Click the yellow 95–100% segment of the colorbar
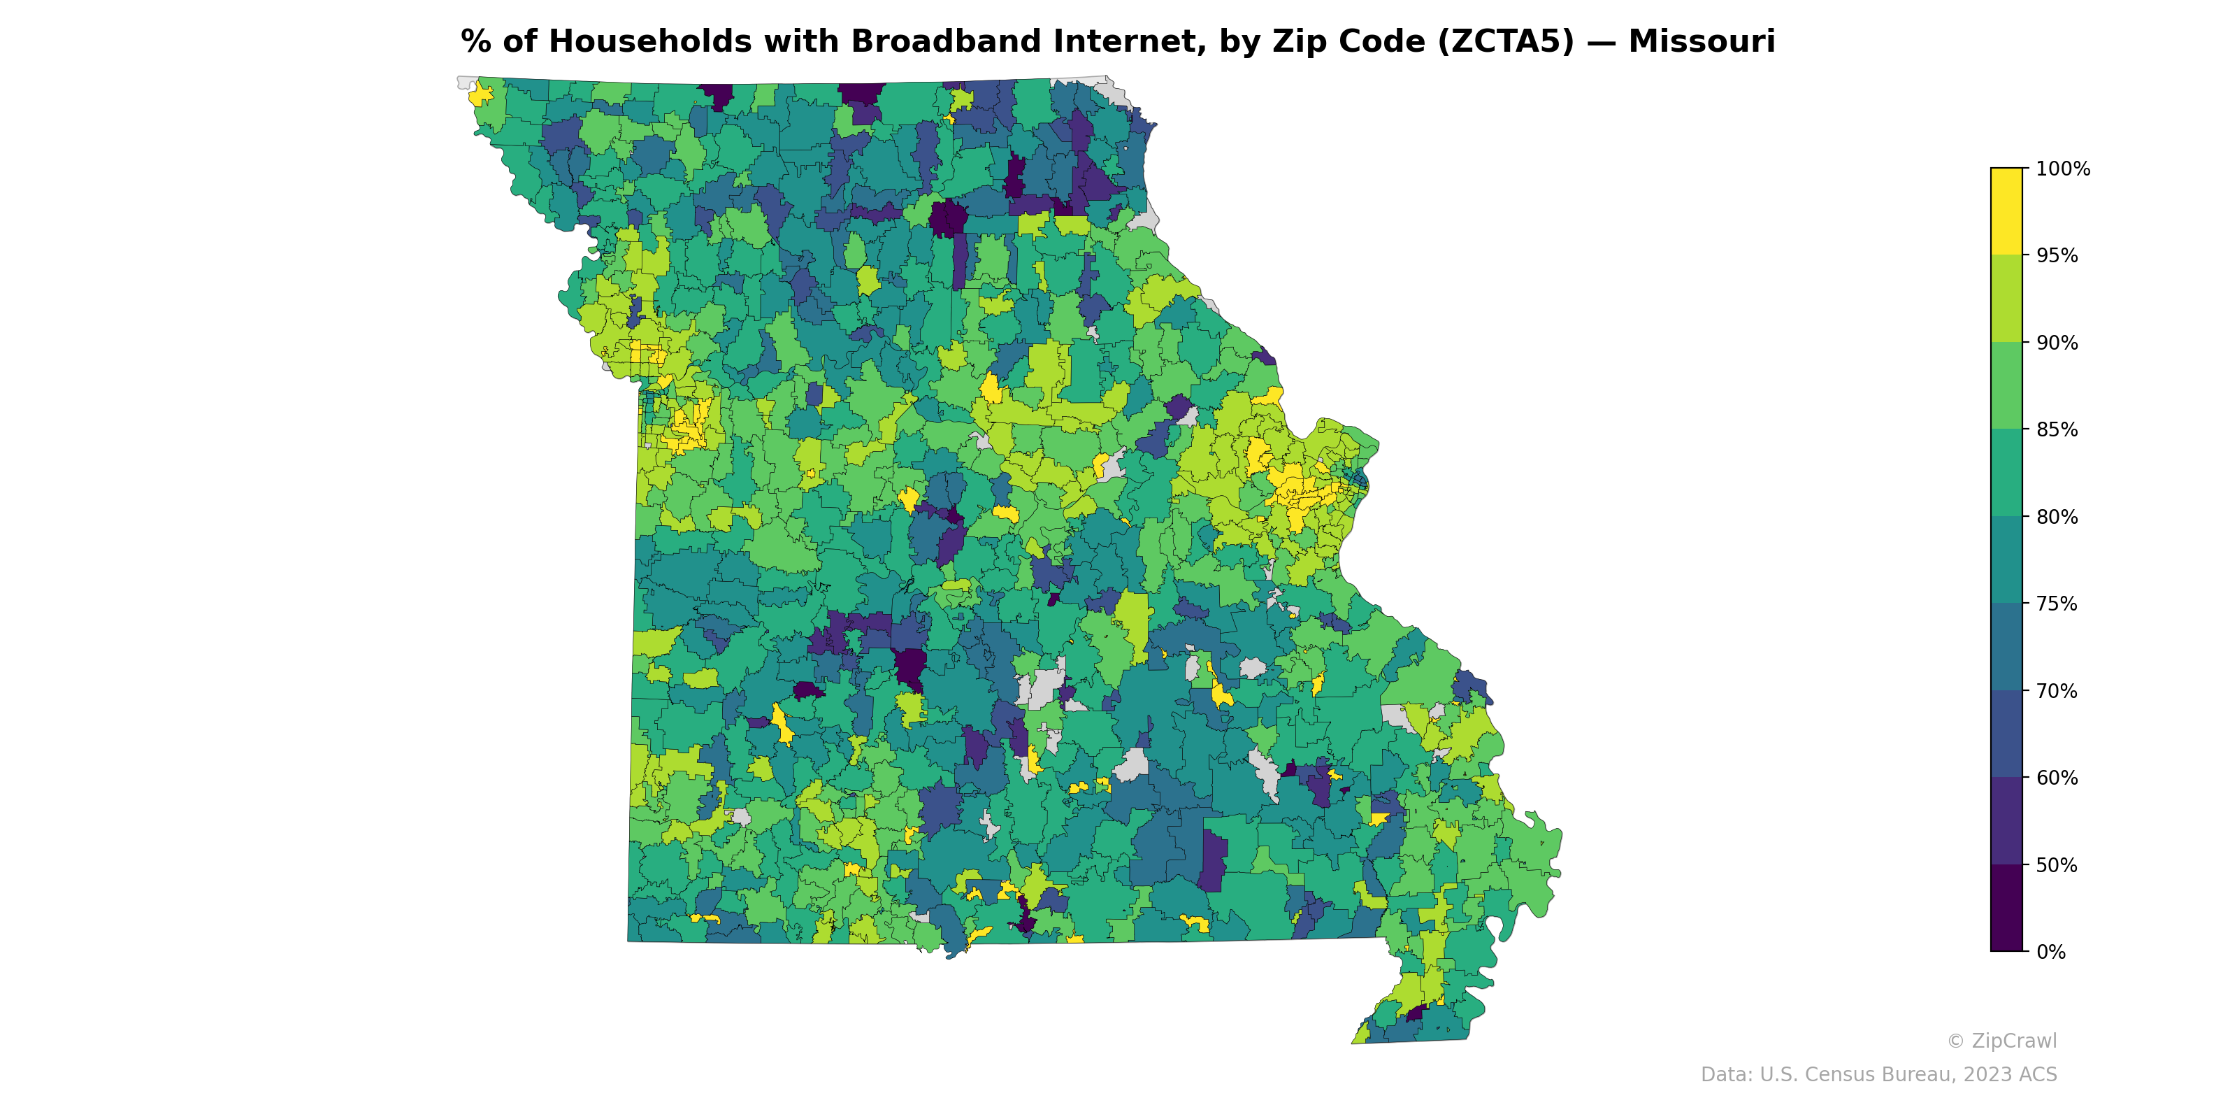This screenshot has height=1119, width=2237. pos(2006,211)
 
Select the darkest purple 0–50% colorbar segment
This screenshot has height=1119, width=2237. pos(2006,908)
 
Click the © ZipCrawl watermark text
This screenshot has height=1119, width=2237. pos(2001,1041)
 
